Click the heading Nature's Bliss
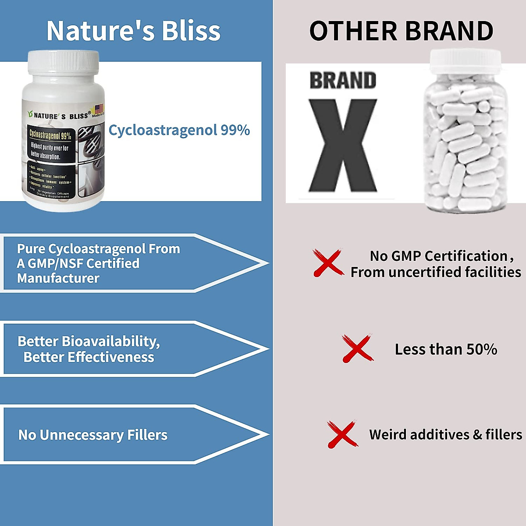[x=133, y=31]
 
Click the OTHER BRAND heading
[x=401, y=31]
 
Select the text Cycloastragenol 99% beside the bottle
[x=179, y=130]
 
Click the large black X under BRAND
[x=342, y=145]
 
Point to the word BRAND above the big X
[x=343, y=81]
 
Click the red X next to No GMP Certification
[x=328, y=263]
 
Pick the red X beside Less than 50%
[x=357, y=349]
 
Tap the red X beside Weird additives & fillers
[x=342, y=434]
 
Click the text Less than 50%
[x=446, y=349]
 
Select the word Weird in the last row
[x=387, y=434]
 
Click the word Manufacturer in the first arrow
[x=58, y=278]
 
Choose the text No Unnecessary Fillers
[x=93, y=435]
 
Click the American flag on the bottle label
[x=98, y=109]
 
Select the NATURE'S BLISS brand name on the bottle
[x=61, y=116]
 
